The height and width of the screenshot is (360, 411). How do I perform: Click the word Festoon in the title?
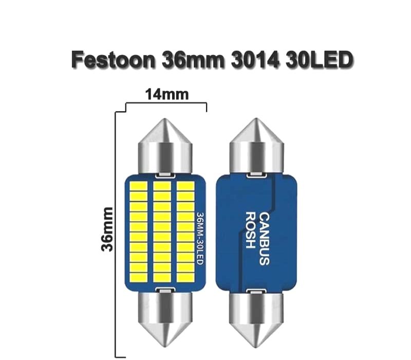click(114, 60)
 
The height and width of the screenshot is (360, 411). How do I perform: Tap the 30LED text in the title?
click(319, 60)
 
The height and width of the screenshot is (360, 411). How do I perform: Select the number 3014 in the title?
click(254, 60)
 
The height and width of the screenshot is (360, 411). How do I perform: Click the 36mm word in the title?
click(193, 60)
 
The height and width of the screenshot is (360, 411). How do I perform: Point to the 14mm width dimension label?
click(167, 95)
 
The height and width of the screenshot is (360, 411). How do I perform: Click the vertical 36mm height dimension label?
click(107, 229)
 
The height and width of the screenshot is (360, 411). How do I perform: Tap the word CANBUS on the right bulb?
click(264, 239)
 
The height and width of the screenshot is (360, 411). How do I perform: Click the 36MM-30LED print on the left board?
click(200, 238)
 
